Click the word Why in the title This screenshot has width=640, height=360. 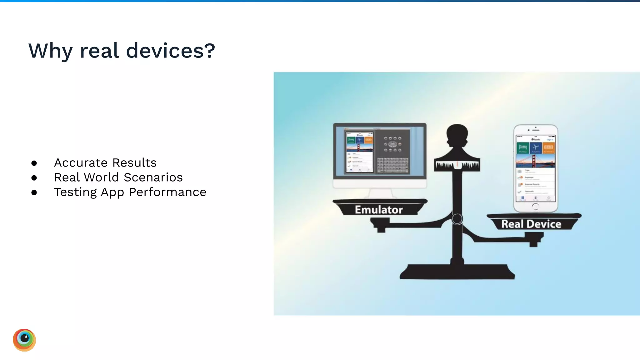[x=50, y=51]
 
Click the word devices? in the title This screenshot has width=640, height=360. [x=171, y=51]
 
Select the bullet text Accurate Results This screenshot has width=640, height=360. [x=105, y=163]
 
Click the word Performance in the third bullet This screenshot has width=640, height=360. [x=167, y=192]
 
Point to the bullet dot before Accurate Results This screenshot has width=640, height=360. [x=34, y=163]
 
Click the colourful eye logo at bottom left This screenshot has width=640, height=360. [x=24, y=340]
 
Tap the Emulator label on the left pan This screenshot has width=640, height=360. [x=379, y=210]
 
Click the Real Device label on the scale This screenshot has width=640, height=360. [x=531, y=224]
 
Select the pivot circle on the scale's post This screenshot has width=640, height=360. [x=457, y=219]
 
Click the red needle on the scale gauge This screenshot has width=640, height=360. [x=457, y=164]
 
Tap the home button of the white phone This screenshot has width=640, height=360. [x=535, y=206]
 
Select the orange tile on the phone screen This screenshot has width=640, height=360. [x=548, y=148]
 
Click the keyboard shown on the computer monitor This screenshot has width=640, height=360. [x=392, y=165]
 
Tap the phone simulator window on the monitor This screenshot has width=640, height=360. [x=359, y=152]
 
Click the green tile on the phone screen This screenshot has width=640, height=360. [x=523, y=148]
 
